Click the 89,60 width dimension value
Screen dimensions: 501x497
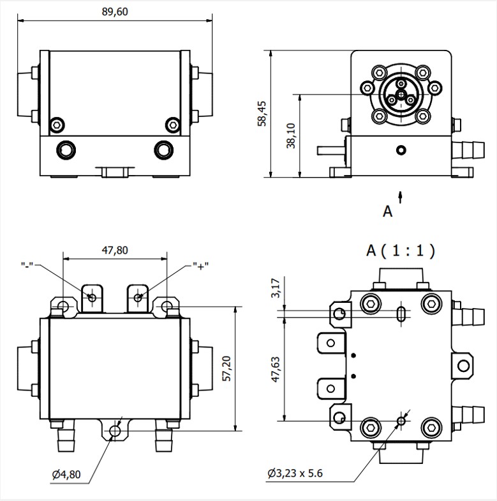point(115,12)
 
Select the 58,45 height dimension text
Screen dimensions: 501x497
point(262,114)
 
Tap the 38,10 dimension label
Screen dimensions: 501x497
point(291,135)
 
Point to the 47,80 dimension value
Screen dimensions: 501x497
point(115,250)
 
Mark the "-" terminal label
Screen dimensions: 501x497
point(29,265)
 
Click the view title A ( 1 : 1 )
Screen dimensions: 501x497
point(401,250)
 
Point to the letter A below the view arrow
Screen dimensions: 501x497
point(387,212)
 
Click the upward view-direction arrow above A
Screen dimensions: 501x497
point(400,195)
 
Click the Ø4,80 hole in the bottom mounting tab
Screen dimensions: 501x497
point(114,431)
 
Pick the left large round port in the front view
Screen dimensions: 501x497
point(66,150)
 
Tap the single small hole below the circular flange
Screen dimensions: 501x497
point(400,151)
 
